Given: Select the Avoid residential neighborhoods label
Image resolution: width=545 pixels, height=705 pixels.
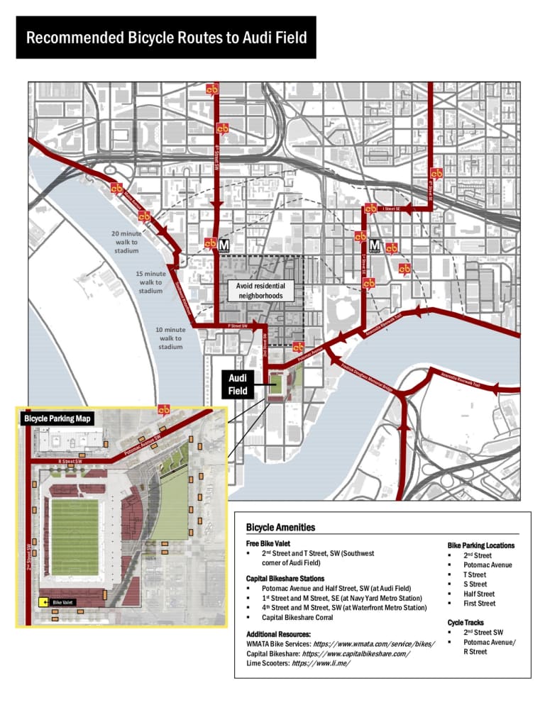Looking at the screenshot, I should pos(260,290).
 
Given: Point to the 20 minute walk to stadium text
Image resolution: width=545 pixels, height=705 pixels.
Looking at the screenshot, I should pos(126,242).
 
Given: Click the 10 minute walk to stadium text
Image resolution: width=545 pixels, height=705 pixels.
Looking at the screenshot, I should pos(170,338).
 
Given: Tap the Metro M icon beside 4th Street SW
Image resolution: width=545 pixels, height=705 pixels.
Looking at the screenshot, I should pos(223,245).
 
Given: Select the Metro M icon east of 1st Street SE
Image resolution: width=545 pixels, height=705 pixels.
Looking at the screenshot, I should pos(375,246).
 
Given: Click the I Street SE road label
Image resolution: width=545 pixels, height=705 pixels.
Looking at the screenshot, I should pos(391,209).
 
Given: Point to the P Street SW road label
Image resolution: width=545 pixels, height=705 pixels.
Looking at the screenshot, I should pos(237,326).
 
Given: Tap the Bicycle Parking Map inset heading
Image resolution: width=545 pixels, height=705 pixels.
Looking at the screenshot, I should pos(57,419).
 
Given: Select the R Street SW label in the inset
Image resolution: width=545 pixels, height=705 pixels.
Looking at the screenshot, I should pos(70,462).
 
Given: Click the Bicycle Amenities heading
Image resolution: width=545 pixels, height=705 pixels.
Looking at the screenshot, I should pos(280,528).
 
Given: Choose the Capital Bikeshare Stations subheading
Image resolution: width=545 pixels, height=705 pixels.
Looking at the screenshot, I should pos(285,579).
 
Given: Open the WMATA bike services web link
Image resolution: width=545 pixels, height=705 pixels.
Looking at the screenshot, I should pos(373,643).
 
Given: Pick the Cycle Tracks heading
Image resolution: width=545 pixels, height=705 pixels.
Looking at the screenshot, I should pos(465,622).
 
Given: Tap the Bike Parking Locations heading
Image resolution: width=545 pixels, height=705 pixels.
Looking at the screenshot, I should pos(480,545).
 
